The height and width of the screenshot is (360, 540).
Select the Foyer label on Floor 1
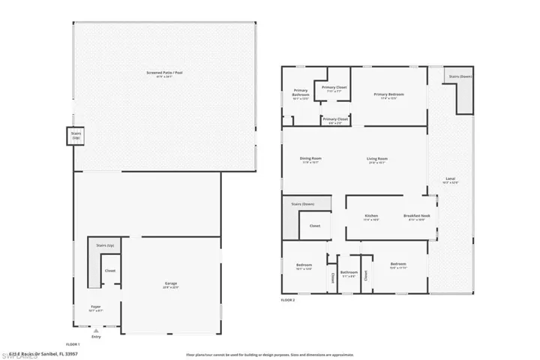pyautogui.click(x=96, y=307)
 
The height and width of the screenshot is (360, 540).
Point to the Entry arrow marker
pyautogui.click(x=95, y=330)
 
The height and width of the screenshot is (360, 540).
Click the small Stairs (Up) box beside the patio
pyautogui.click(x=76, y=136)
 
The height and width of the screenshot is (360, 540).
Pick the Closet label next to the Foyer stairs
pyautogui.click(x=109, y=271)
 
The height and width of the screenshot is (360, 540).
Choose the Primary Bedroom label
pyautogui.click(x=392, y=95)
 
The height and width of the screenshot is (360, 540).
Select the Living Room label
pyautogui.click(x=377, y=159)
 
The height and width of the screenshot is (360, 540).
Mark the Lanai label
pyautogui.click(x=450, y=180)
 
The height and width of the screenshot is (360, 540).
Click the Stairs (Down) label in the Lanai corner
pyautogui.click(x=460, y=76)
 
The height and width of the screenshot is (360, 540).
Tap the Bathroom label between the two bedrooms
pyautogui.click(x=349, y=274)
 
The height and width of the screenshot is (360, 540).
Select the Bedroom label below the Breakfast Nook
pyautogui.click(x=397, y=265)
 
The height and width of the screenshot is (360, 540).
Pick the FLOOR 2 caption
pyautogui.click(x=288, y=299)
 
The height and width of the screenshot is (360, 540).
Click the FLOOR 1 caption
pyautogui.click(x=73, y=343)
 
